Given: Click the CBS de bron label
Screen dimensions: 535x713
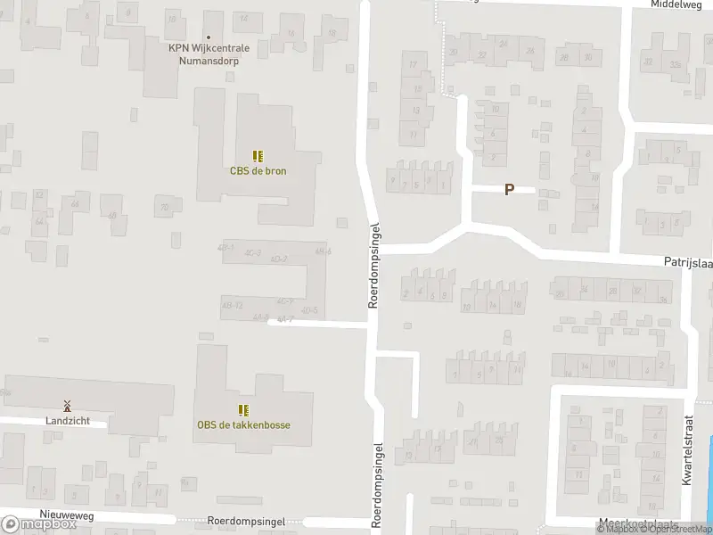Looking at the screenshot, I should pyautogui.click(x=258, y=170).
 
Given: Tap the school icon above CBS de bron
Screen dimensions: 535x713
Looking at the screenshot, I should pyautogui.click(x=258, y=156).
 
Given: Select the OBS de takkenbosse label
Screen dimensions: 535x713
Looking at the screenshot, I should pyautogui.click(x=243, y=424).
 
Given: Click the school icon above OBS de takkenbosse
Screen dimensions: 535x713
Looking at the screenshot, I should pyautogui.click(x=243, y=410).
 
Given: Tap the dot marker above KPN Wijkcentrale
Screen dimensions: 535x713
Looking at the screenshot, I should pyautogui.click(x=208, y=13).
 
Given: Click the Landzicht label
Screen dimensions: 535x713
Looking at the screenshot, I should pyautogui.click(x=67, y=420).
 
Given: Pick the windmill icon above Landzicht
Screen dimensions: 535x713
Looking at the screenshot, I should pyautogui.click(x=67, y=406).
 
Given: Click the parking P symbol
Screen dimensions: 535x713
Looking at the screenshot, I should pyautogui.click(x=509, y=189).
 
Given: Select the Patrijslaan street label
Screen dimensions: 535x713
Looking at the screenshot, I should pyautogui.click(x=687, y=263).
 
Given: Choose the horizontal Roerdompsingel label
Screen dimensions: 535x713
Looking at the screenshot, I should pyautogui.click(x=245, y=520).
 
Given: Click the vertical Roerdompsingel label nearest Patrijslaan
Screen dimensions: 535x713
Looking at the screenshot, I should pyautogui.click(x=375, y=266).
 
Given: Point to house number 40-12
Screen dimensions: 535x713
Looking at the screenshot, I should pyautogui.click(x=231, y=305).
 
